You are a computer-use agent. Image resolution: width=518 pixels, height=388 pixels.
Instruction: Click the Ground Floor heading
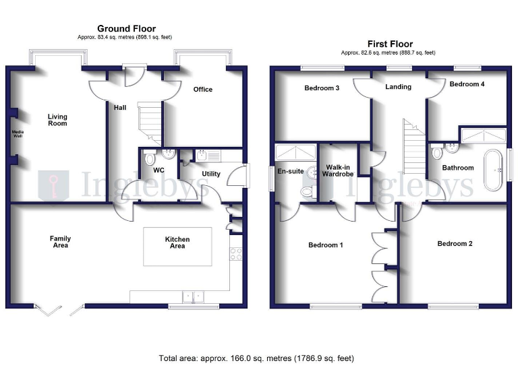126,28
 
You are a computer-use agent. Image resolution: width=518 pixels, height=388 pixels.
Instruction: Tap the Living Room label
57,120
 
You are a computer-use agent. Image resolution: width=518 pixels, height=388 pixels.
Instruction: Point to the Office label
202,90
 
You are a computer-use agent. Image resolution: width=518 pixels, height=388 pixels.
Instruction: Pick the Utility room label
211,174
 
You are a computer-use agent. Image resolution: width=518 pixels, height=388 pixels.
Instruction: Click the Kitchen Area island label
177,243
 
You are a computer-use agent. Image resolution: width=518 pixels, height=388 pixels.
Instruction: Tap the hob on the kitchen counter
236,254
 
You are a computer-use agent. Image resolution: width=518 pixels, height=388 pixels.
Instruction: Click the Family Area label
60,242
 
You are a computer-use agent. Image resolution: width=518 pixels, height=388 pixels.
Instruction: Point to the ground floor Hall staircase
150,121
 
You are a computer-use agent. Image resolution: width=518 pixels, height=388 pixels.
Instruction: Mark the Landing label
398,87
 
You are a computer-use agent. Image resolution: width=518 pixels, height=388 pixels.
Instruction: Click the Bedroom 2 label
455,244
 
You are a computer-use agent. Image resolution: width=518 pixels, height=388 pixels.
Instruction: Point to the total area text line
256,358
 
